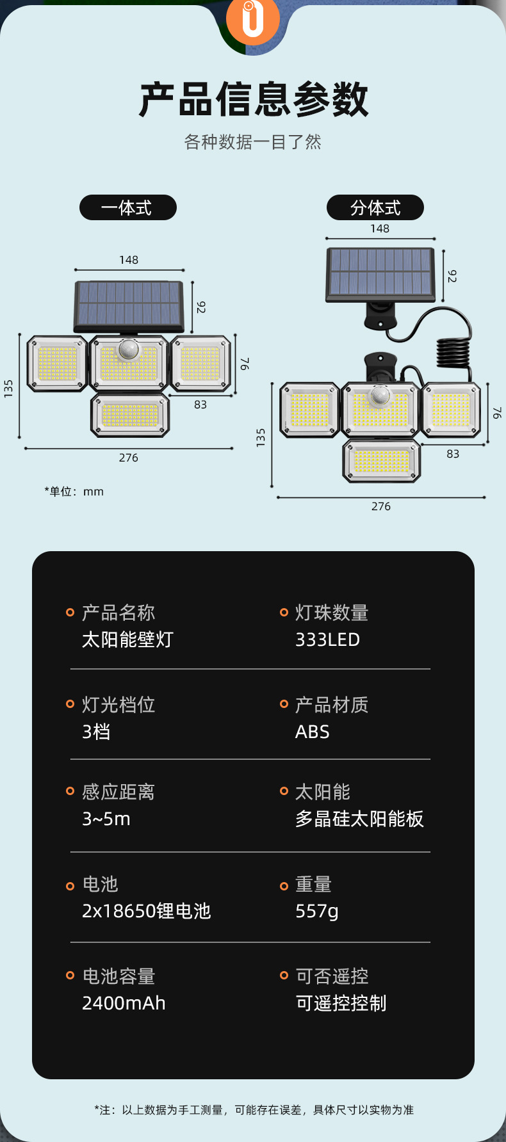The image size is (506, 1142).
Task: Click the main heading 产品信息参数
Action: (x=254, y=99)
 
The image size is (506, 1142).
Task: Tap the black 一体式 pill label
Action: (x=127, y=207)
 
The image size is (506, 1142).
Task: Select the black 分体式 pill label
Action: (x=375, y=207)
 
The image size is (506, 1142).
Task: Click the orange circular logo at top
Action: (x=253, y=19)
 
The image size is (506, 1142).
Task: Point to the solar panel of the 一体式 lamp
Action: (x=129, y=303)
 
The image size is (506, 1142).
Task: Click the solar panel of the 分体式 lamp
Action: (x=380, y=273)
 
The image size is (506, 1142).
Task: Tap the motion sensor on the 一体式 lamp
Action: (x=129, y=350)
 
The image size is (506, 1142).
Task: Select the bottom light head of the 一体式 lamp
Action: (x=130, y=415)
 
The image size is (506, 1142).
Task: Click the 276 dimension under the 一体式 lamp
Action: (x=129, y=458)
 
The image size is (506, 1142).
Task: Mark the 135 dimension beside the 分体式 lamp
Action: (x=261, y=438)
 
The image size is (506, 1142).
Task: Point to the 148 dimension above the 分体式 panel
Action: (x=380, y=229)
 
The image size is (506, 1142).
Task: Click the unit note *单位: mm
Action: (x=74, y=492)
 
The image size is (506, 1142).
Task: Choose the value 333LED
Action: (x=327, y=639)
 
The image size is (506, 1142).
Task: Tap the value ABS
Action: (x=312, y=732)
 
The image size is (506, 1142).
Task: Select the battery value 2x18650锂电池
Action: (x=146, y=911)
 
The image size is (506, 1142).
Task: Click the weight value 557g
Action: (x=316, y=911)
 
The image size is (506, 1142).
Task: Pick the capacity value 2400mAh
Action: (x=124, y=1003)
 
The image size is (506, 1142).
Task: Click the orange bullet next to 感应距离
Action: (x=70, y=791)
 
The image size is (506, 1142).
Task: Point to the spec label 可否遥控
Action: (x=332, y=976)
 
